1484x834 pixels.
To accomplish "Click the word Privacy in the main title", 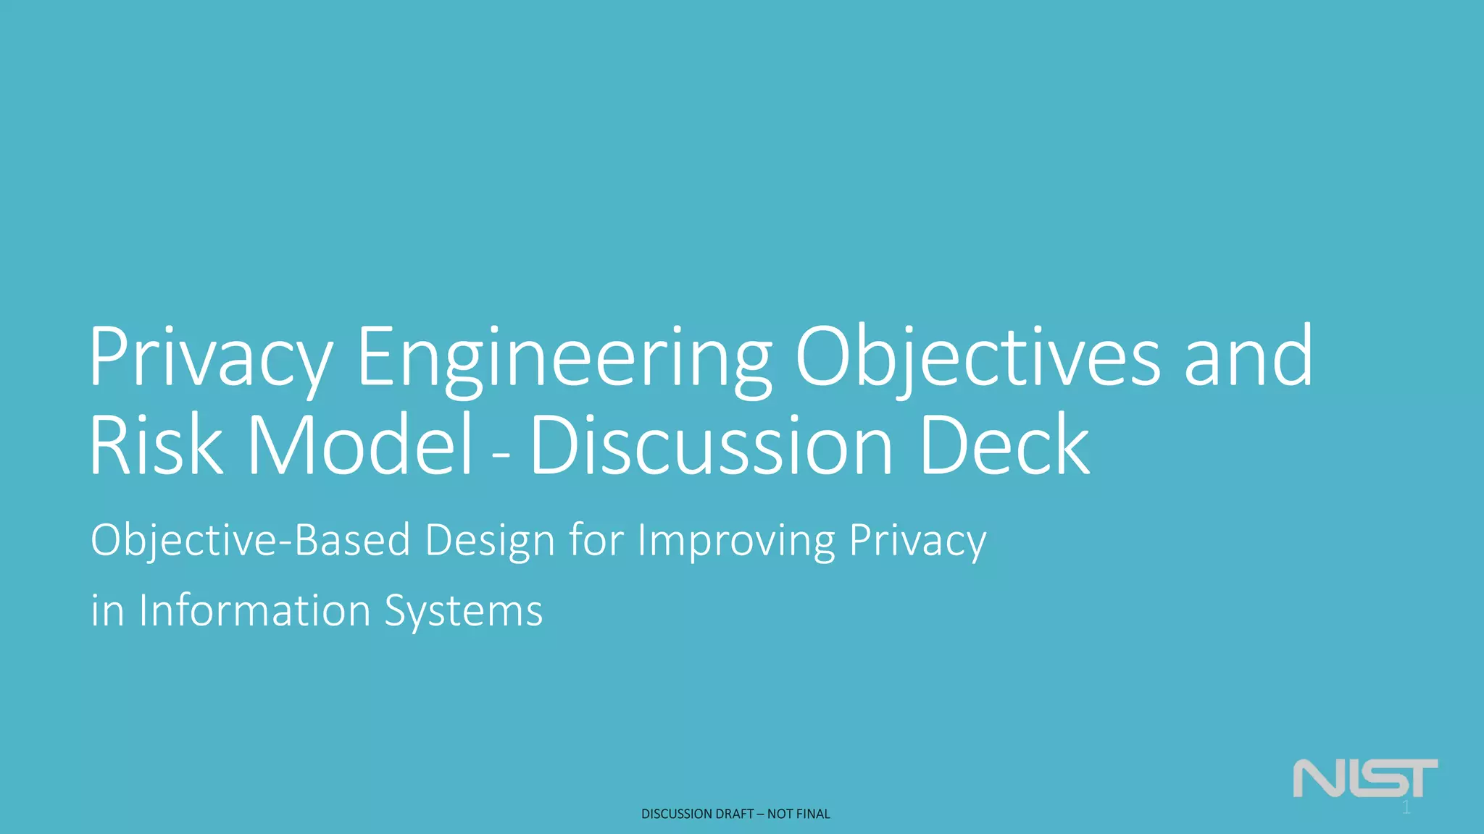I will click(210, 358).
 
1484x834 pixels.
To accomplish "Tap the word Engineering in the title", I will click(564, 358).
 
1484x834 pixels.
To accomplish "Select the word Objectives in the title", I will click(977, 358).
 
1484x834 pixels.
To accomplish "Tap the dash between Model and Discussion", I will click(501, 456).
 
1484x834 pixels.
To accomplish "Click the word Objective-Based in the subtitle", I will click(251, 540).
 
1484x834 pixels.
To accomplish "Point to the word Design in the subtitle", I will click(490, 540).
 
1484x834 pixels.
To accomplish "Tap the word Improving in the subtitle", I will click(735, 540).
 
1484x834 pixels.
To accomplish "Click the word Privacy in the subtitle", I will click(917, 540).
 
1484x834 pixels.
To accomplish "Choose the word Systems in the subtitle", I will click(463, 611).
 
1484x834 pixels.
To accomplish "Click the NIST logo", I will click(1365, 778).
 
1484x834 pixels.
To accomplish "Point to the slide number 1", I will click(1406, 808).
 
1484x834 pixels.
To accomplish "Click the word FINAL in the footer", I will click(814, 814).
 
